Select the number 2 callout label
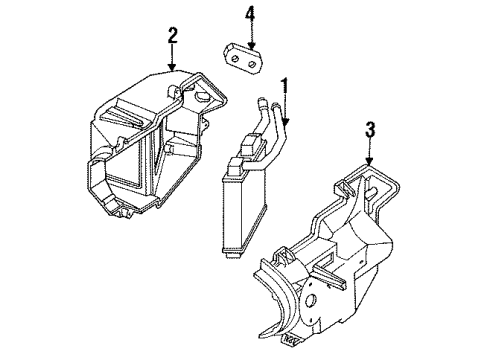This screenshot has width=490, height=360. click(x=172, y=37)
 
